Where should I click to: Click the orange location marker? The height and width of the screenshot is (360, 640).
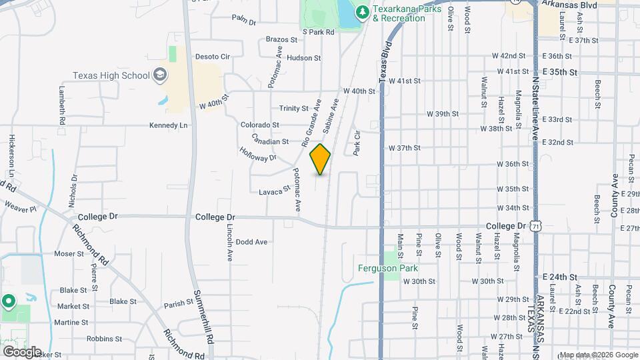320,159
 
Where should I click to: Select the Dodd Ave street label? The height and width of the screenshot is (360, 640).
251,242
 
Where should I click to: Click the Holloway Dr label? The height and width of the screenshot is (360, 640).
257,153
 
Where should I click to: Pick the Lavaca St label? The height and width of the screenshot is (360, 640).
275,191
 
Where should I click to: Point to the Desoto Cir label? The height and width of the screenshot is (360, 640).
212,57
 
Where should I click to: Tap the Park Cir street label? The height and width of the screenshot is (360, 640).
357,143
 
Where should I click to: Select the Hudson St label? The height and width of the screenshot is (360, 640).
303,58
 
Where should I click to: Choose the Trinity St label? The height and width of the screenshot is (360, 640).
294,108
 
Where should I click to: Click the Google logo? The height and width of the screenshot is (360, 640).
22,351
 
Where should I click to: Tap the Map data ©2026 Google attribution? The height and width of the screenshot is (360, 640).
598,355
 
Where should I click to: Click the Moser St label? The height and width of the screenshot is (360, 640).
68,254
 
